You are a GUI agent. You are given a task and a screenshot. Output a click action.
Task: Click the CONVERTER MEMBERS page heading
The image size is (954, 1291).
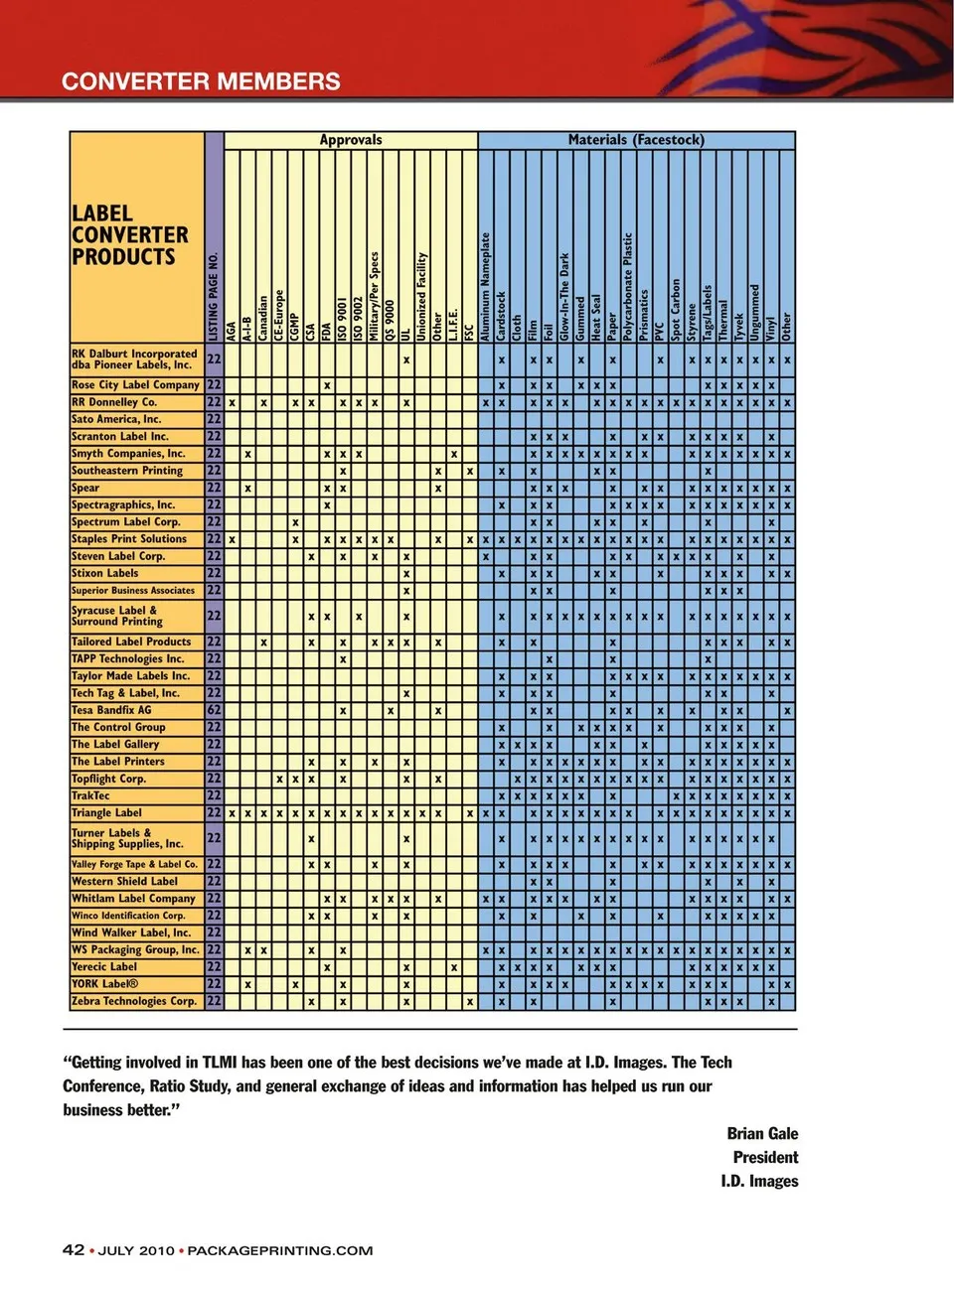(201, 81)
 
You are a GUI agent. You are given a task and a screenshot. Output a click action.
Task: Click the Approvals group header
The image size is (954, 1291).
(351, 140)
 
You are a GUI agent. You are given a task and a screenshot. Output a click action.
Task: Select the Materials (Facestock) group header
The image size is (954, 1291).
(636, 140)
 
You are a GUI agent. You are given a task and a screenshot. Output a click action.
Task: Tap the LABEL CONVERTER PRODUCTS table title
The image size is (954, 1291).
(129, 235)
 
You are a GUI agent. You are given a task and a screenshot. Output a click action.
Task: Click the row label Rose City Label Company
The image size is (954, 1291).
(135, 385)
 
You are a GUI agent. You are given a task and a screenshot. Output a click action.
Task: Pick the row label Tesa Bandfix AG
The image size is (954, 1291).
(111, 710)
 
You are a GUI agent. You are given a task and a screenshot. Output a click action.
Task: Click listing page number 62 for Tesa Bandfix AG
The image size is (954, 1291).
(214, 710)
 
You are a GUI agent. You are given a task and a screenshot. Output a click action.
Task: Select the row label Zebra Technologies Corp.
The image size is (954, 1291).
(134, 1001)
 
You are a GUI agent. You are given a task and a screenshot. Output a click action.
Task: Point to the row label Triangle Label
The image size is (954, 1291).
(106, 812)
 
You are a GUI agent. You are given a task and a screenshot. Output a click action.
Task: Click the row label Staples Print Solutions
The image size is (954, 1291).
(129, 539)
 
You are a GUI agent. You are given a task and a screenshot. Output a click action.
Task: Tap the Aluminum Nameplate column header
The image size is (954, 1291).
(486, 287)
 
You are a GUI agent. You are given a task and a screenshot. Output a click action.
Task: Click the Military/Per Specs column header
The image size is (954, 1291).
(375, 297)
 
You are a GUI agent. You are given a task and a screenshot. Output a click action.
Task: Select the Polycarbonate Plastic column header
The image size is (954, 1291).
(628, 287)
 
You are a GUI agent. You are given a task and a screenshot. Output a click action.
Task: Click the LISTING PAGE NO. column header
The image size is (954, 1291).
(214, 297)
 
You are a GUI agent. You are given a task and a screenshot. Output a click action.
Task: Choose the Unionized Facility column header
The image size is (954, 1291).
(422, 297)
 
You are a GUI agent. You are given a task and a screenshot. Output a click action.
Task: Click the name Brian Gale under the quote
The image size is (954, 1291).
(762, 1133)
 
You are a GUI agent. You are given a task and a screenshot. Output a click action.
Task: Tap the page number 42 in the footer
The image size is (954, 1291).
(74, 1250)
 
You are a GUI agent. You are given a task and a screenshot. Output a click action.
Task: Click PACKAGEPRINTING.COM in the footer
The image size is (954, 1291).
(280, 1250)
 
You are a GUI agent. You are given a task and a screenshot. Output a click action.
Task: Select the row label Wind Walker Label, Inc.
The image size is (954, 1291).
(131, 932)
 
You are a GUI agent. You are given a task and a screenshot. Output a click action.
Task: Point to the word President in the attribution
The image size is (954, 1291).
(765, 1157)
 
